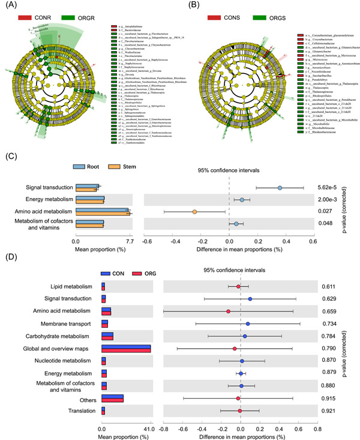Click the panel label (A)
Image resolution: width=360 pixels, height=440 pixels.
[10, 7]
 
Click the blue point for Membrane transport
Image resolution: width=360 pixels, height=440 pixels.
[247, 324]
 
